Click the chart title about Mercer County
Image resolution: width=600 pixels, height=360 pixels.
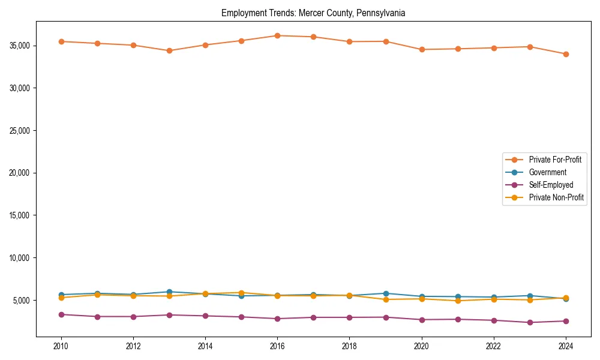pos(313,13)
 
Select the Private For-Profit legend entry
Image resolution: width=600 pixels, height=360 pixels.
pos(555,160)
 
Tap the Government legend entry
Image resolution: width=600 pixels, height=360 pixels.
pos(547,172)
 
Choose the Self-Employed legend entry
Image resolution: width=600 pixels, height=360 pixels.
pos(551,185)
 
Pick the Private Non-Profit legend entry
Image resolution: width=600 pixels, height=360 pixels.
pos(556,197)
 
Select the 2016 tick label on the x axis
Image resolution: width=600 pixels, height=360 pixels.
pos(277,346)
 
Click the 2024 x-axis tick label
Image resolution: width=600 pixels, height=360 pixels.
pos(566,346)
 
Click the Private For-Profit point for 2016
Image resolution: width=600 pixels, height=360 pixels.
pos(277,35)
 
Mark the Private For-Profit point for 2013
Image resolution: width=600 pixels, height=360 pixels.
pos(169,50)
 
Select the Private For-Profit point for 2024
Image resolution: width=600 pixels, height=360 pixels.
pos(566,54)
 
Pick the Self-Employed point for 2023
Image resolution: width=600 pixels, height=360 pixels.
pos(530,322)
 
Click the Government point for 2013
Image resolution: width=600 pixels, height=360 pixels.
pos(169,292)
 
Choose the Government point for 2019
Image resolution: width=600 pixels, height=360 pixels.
pos(386,293)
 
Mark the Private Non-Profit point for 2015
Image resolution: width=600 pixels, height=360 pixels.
pos(241,293)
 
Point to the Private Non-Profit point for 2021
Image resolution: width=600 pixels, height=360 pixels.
pos(458,301)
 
